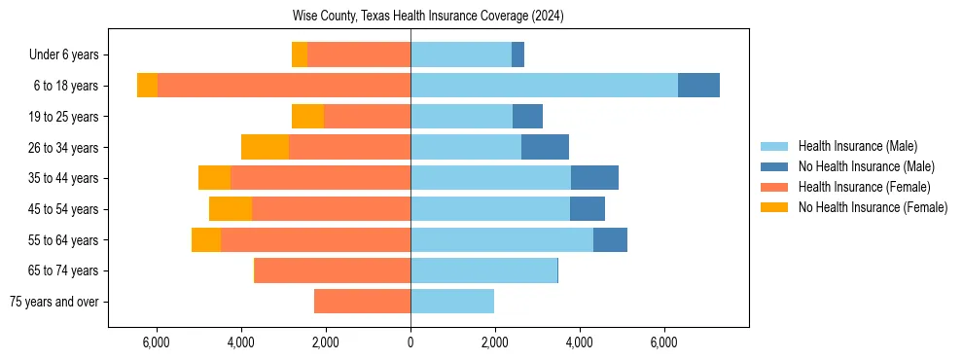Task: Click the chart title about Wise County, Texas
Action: pyautogui.click(x=428, y=17)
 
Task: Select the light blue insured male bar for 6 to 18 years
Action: pyautogui.click(x=544, y=86)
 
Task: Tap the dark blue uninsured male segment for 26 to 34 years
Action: pyautogui.click(x=545, y=147)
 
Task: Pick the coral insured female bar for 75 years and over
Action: pyautogui.click(x=362, y=302)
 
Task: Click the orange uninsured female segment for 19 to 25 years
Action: pyautogui.click(x=307, y=117)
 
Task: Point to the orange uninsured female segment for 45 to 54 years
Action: pyautogui.click(x=231, y=209)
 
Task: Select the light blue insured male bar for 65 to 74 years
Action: pyautogui.click(x=483, y=270)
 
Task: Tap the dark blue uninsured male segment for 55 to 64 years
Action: pyautogui.click(x=610, y=240)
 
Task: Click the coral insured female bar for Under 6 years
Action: pyautogui.click(x=359, y=54)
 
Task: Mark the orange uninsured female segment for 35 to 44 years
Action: pyautogui.click(x=214, y=178)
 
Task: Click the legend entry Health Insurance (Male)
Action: pyautogui.click(x=857, y=146)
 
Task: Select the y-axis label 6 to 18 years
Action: pyautogui.click(x=65, y=86)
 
